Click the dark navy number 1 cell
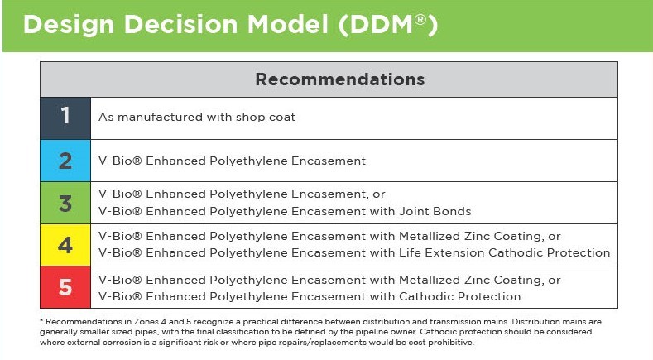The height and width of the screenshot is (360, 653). [65, 118]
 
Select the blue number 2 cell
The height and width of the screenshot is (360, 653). [65, 161]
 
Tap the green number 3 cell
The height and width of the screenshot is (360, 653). [65, 203]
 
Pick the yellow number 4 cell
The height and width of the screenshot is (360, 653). [65, 245]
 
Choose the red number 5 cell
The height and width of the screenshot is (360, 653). [65, 287]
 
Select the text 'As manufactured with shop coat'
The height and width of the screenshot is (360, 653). [197, 118]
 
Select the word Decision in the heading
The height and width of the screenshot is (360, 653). [170, 26]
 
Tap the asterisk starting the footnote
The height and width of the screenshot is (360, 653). [41, 319]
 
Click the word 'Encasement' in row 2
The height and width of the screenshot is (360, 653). [330, 161]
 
